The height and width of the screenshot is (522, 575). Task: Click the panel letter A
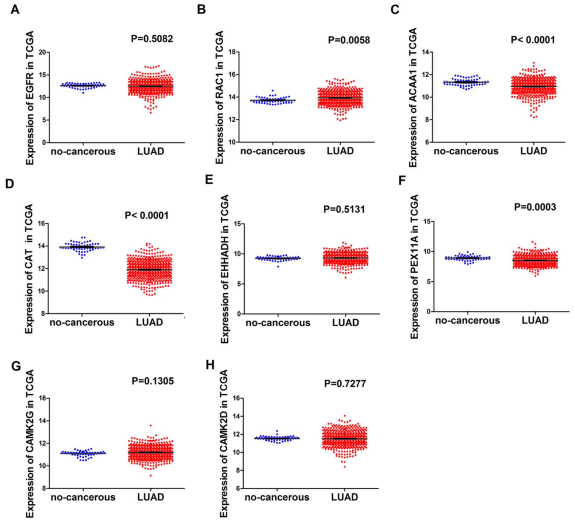tap(15, 10)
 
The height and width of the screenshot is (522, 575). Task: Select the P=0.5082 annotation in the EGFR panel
tap(152, 39)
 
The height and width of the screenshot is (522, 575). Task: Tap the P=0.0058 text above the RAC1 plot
tap(349, 40)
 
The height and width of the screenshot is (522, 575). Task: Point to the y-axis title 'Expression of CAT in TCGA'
tap(29, 268)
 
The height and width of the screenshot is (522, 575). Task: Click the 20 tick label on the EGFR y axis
tap(42, 52)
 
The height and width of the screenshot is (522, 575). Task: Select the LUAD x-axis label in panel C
tap(534, 151)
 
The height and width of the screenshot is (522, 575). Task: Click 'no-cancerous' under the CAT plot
tap(82, 322)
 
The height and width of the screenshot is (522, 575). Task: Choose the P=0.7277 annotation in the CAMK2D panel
tap(345, 384)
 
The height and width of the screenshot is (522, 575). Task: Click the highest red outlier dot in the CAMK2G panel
tap(151, 425)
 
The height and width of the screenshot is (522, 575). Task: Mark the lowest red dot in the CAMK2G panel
tap(151, 476)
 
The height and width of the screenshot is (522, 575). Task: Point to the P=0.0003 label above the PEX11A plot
tap(535, 207)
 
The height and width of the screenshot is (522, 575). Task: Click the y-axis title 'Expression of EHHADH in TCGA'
tap(225, 269)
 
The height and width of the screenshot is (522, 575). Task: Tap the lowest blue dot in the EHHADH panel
tap(278, 266)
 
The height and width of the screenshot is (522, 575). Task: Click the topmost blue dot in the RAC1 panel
tap(273, 91)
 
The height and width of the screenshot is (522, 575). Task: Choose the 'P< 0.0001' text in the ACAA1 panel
tap(533, 40)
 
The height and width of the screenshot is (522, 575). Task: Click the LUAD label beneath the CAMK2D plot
tap(345, 497)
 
